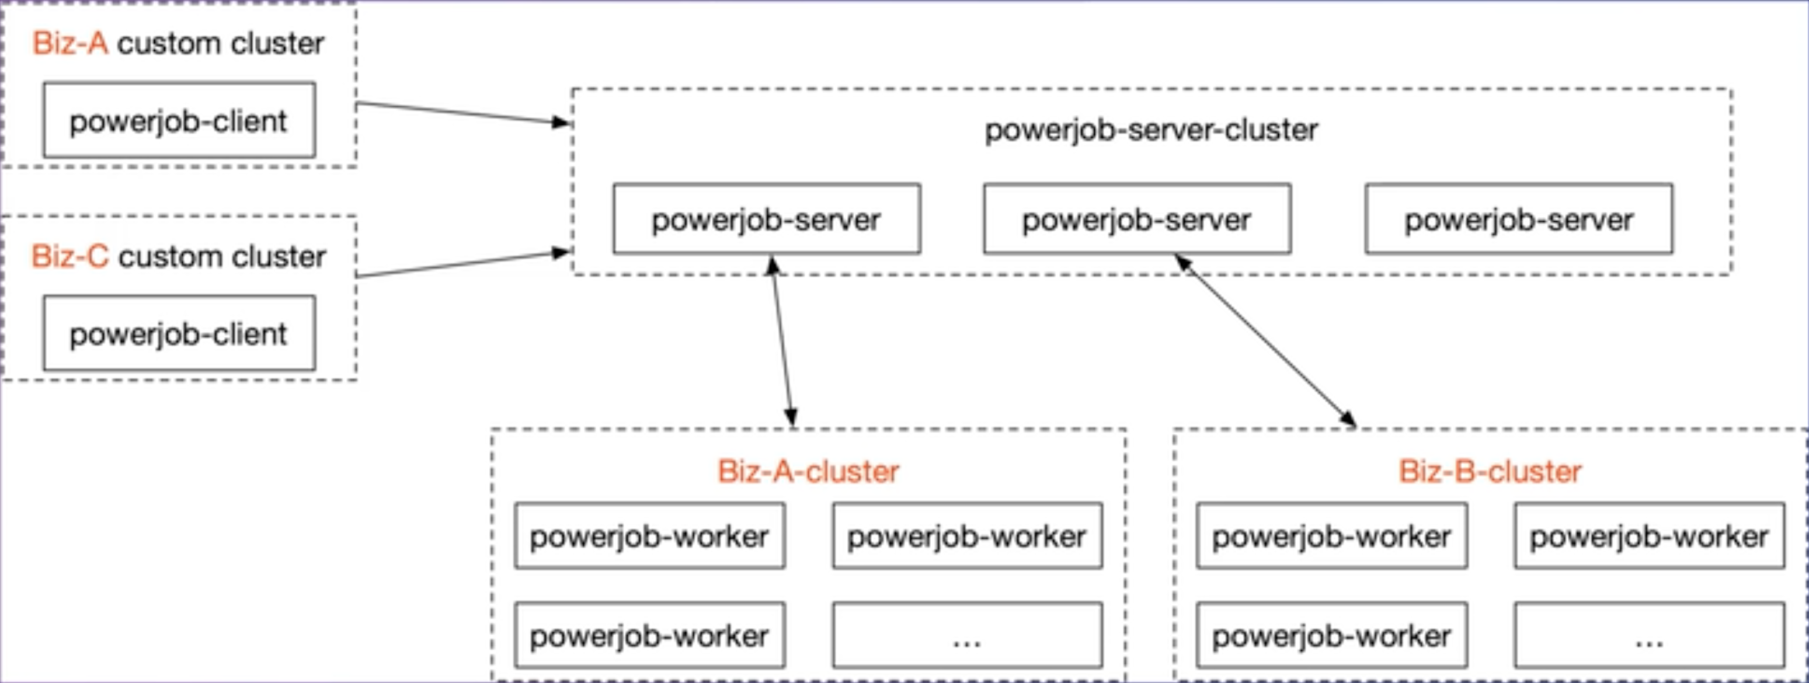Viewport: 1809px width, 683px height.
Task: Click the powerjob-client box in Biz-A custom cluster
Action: tap(179, 121)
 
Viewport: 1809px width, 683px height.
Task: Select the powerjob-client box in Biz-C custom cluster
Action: tap(179, 333)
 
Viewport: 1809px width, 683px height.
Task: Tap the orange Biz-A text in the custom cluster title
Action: tap(70, 44)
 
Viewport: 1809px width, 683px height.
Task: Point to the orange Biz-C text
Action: tap(70, 256)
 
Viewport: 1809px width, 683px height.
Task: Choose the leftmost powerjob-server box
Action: tap(766, 219)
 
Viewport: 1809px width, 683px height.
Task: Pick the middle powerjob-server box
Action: tap(1136, 219)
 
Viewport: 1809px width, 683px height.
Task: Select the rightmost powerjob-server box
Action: tap(1518, 219)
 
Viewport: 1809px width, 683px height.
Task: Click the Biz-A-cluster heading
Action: tap(808, 471)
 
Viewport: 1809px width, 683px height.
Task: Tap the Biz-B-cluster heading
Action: tap(1490, 471)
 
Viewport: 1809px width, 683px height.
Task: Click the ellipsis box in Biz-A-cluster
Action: tap(967, 635)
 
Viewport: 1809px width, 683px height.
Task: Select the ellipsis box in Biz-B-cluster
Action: tap(1649, 635)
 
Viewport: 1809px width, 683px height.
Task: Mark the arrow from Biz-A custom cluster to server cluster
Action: tap(464, 113)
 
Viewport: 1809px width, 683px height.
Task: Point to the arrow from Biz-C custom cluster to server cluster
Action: tap(464, 264)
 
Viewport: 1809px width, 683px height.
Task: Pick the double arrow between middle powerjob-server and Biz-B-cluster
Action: tap(1264, 340)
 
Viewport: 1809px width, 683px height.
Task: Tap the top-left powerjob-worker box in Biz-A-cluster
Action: tap(649, 535)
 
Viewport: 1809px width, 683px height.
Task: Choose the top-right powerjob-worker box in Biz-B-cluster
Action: tap(1649, 535)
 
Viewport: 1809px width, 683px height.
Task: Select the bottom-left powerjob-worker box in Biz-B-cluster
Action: tap(1331, 635)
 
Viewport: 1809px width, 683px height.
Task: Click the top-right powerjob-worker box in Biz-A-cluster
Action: tap(967, 535)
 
